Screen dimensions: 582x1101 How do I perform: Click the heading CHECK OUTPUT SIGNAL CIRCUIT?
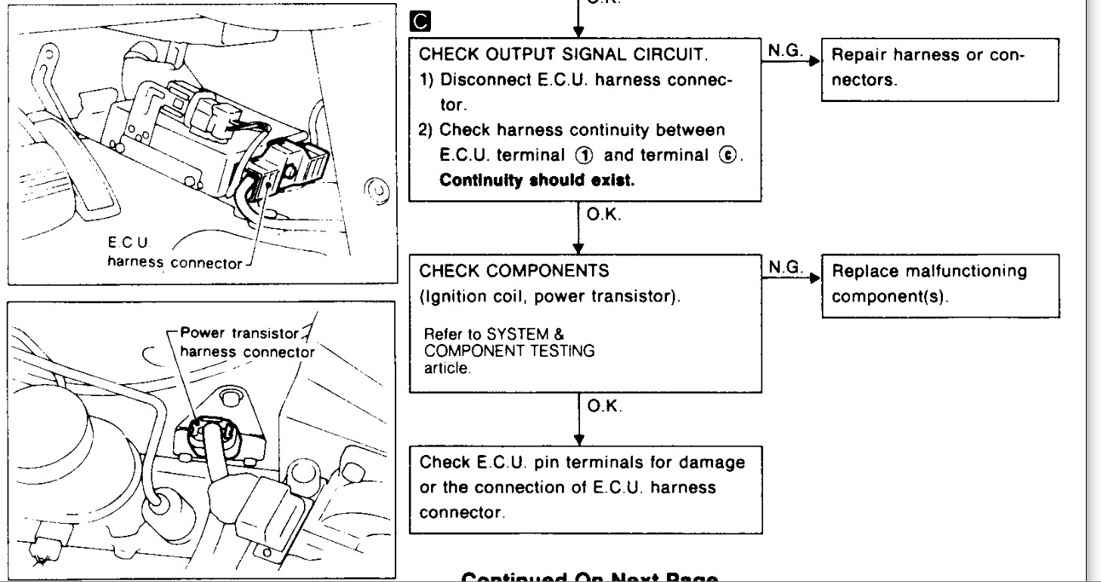coord(563,54)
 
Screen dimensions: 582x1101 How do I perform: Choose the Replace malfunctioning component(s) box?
coord(938,283)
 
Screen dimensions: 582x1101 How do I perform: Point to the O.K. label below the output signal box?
coord(604,215)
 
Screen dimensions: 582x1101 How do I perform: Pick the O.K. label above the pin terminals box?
coord(604,407)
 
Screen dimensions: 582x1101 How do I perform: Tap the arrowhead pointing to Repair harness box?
coord(815,62)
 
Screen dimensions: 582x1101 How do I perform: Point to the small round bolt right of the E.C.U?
coord(376,189)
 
